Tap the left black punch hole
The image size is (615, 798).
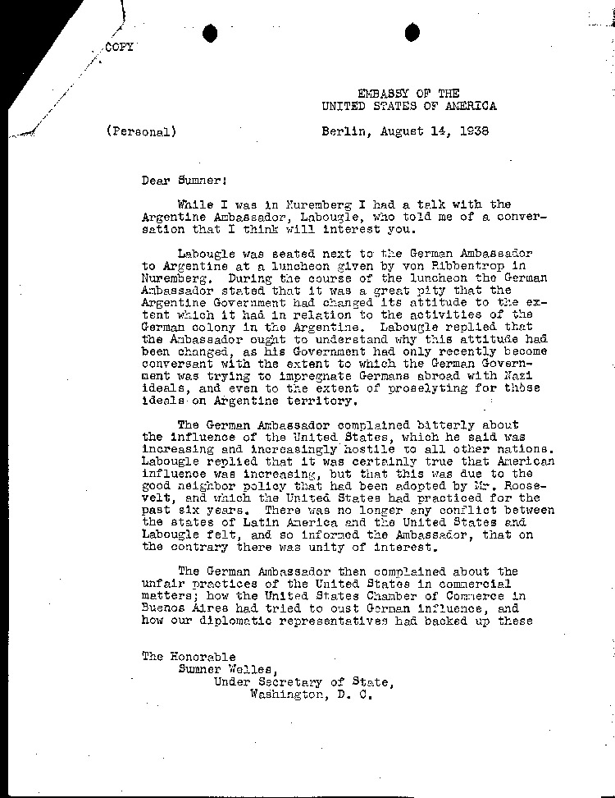click(211, 33)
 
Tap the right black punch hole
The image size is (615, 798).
click(412, 32)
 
